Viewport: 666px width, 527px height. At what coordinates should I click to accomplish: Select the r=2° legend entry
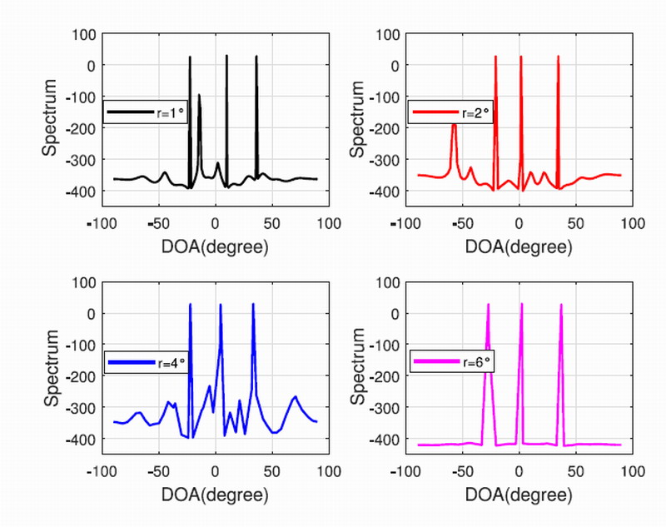tap(454, 112)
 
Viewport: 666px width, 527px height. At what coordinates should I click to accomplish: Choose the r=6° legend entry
tap(454, 362)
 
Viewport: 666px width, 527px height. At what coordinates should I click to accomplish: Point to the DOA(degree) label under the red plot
tap(519, 247)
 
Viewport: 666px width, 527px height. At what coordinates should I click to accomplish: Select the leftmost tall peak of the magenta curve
tap(488, 306)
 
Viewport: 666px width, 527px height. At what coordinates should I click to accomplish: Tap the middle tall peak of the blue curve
tap(221, 306)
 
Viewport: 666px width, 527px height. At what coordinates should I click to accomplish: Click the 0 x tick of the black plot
tap(215, 223)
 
